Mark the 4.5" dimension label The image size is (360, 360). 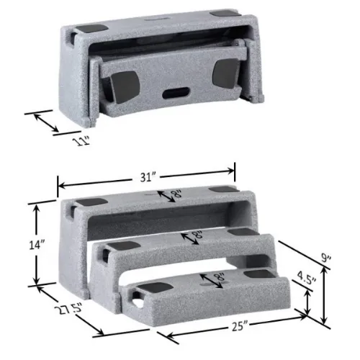coord(309,277)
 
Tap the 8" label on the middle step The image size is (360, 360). coord(193,235)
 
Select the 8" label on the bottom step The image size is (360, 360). coord(212,276)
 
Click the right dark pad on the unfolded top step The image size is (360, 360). coord(222,190)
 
